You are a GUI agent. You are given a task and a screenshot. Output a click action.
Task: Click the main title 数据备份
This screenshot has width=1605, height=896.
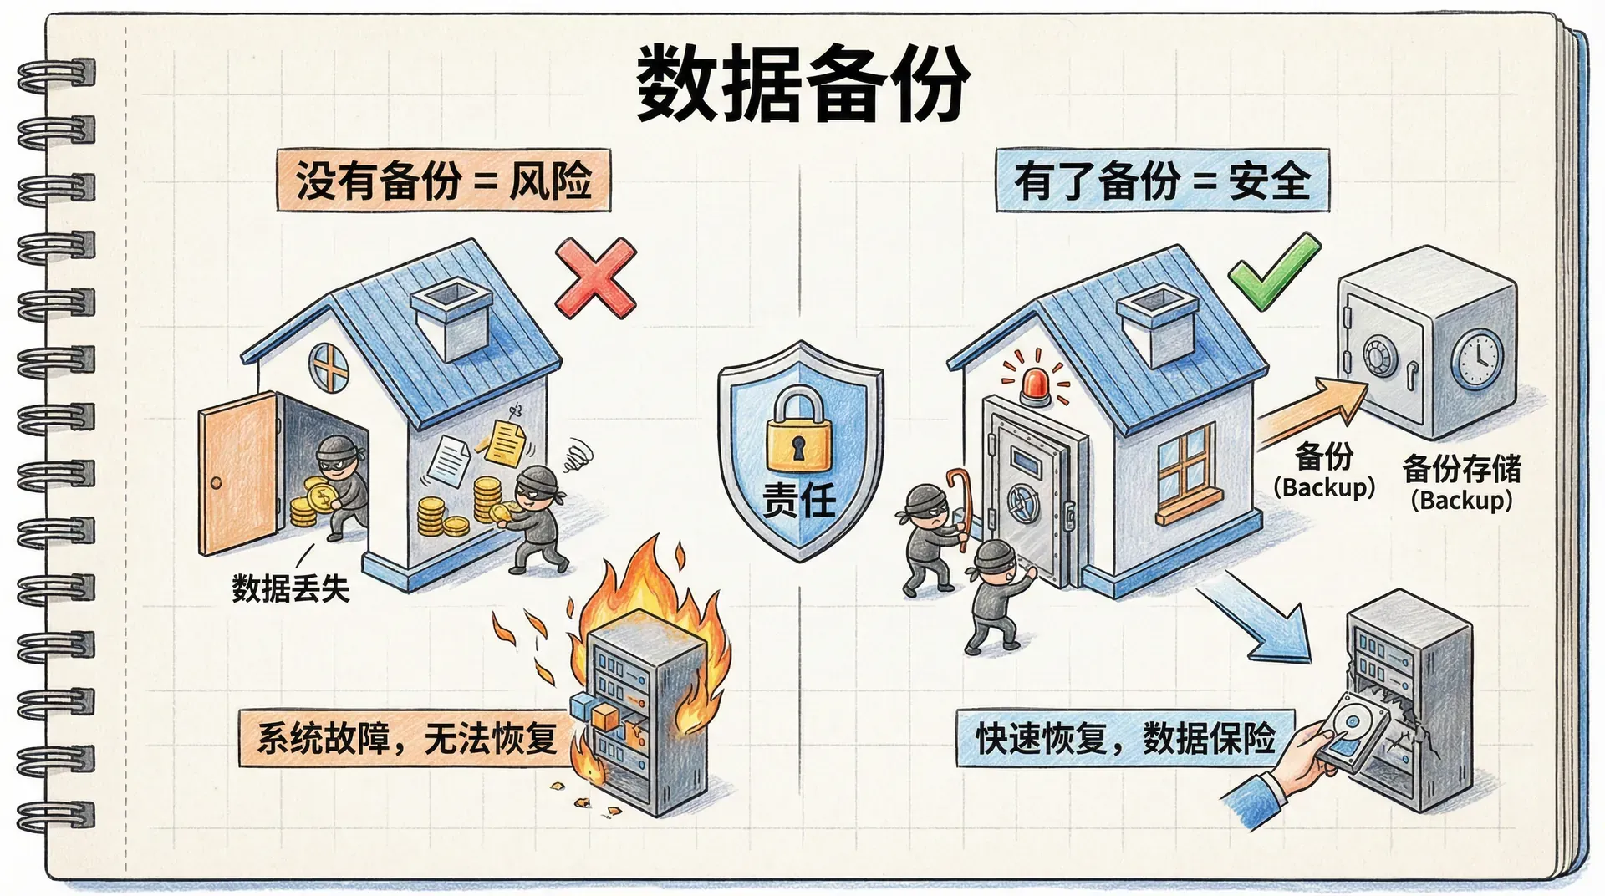pyautogui.click(x=802, y=84)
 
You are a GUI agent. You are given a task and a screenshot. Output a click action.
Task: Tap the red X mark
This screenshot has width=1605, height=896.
pyautogui.click(x=595, y=277)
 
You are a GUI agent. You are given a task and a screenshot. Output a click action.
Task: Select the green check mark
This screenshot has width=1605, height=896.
pyautogui.click(x=1274, y=271)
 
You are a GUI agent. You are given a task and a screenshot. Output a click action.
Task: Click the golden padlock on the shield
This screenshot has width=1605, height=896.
pyautogui.click(x=799, y=432)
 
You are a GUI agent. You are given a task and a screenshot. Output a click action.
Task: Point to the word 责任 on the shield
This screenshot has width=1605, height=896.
pyautogui.click(x=799, y=501)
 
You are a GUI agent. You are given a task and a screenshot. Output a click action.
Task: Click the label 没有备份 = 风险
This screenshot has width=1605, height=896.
pyautogui.click(x=443, y=181)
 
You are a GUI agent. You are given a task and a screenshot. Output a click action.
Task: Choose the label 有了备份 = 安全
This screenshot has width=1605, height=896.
pyautogui.click(x=1162, y=181)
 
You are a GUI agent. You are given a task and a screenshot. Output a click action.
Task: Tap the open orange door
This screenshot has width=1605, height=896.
pyautogui.click(x=237, y=473)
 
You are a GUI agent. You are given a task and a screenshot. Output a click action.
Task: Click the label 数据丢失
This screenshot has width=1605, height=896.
pyautogui.click(x=290, y=588)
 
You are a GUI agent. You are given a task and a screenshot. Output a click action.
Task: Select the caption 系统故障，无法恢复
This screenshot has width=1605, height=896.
pyautogui.click(x=406, y=738)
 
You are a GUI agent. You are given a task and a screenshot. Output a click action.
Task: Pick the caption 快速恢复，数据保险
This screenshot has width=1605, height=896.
pyautogui.click(x=1125, y=738)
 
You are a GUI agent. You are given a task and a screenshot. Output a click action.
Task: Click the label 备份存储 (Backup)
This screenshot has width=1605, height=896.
pyautogui.click(x=1461, y=482)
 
